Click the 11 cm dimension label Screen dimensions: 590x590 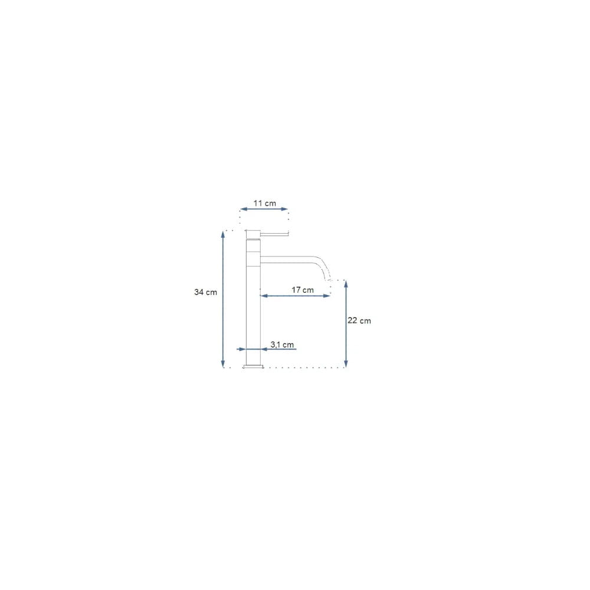[264, 203]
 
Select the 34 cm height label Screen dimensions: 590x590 [205, 292]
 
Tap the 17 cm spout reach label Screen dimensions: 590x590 [303, 290]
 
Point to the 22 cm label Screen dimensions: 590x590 [359, 320]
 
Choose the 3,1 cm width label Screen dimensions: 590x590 [282, 345]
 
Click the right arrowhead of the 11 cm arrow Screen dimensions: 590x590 [285, 209]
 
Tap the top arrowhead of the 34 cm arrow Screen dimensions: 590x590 [223, 234]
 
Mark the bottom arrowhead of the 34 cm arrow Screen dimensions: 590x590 [223, 363]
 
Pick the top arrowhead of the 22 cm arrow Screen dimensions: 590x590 [346, 284]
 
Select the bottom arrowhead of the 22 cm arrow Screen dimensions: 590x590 [346, 363]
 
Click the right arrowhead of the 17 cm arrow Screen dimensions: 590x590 [327, 296]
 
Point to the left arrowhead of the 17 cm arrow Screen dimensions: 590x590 [264, 296]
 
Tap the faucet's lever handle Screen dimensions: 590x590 [274, 234]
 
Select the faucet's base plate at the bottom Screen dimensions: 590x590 [253, 366]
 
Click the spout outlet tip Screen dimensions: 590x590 [327, 280]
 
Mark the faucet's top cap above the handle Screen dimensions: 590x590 [253, 234]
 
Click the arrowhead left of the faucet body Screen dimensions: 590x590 [242, 349]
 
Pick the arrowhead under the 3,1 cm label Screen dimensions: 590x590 [264, 349]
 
